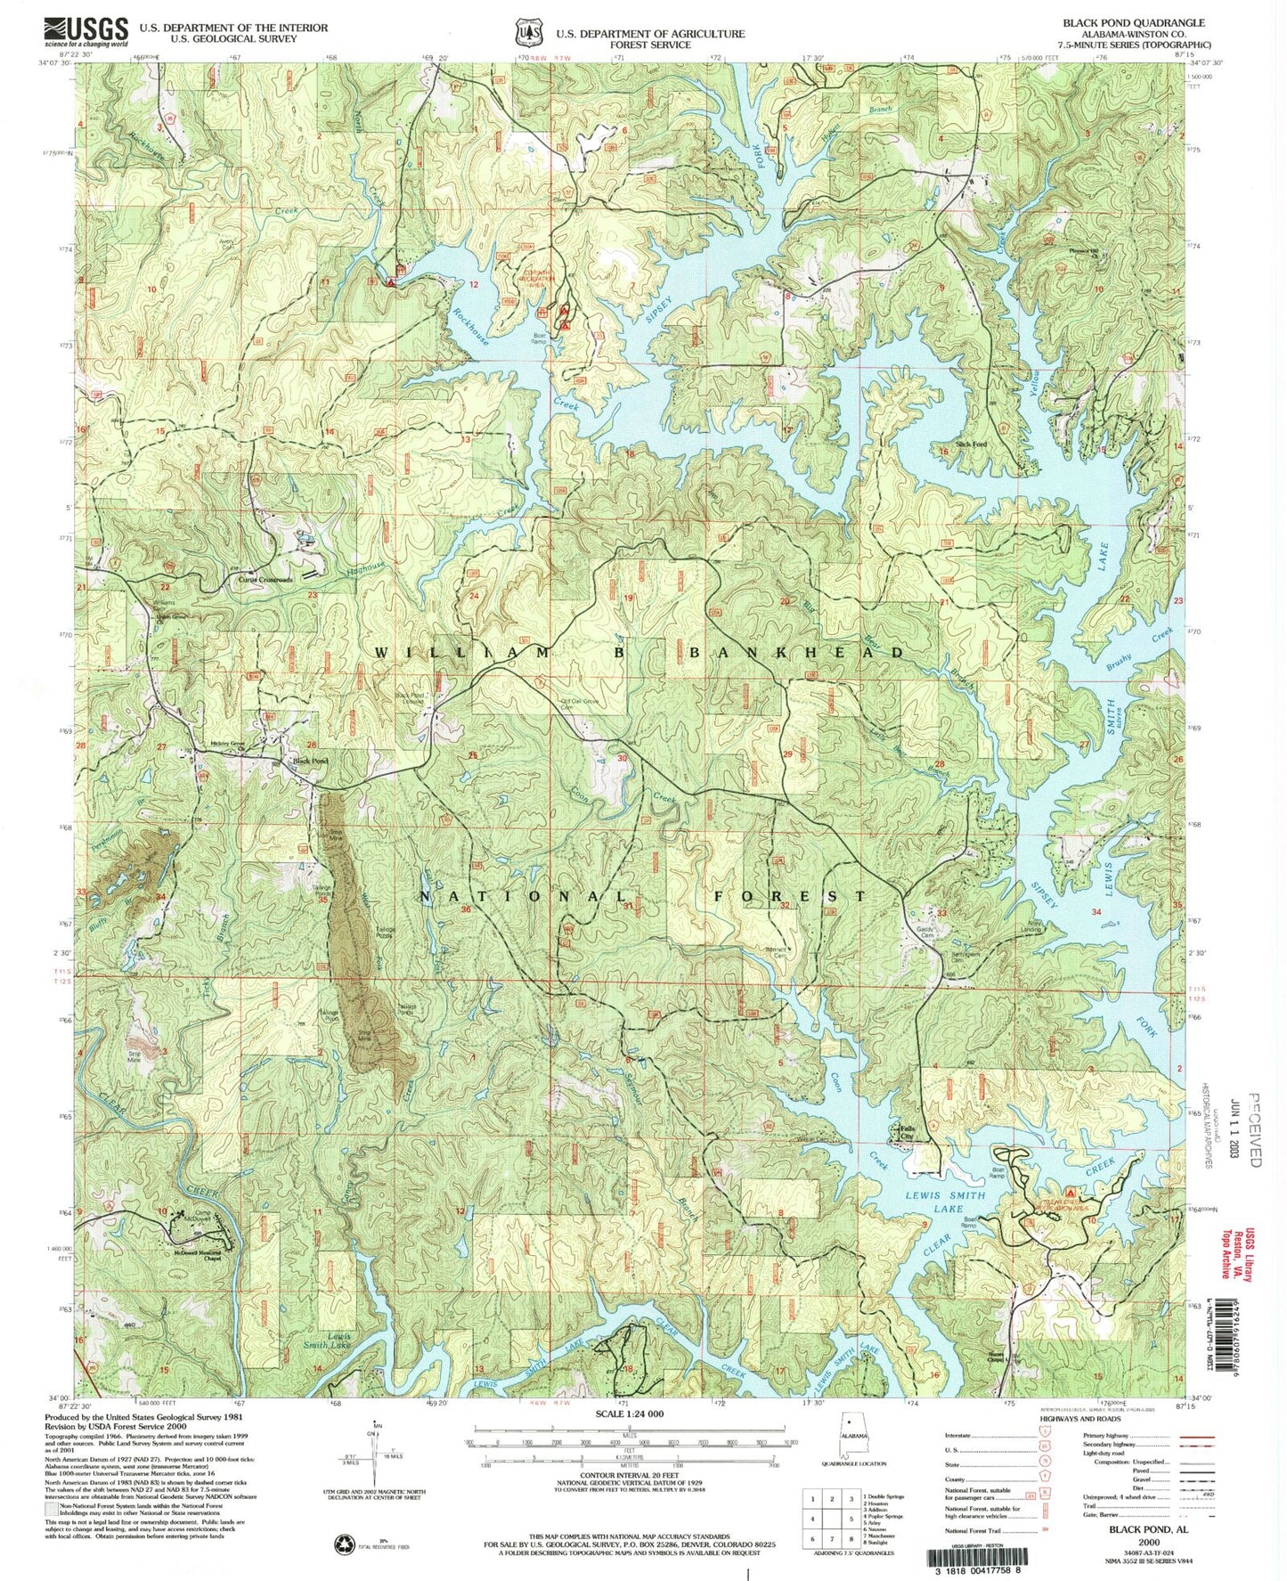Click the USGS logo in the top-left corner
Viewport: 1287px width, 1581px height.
pyautogui.click(x=85, y=32)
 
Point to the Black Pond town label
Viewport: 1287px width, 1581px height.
pyautogui.click(x=311, y=762)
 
